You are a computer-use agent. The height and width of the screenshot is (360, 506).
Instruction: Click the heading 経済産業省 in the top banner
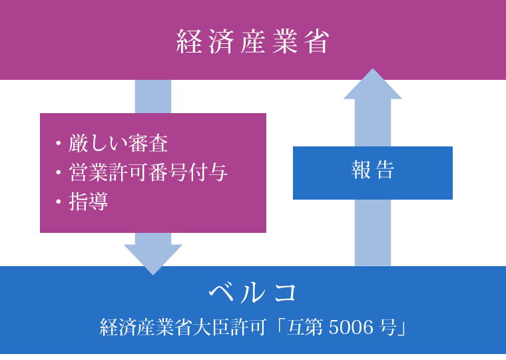253,41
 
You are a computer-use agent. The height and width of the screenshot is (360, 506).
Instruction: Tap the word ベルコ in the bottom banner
253,291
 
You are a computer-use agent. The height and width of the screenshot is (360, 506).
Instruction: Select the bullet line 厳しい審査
118,144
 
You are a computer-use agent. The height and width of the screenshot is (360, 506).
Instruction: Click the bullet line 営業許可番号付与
148,173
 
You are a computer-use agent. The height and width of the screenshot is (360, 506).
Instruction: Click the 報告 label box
373,172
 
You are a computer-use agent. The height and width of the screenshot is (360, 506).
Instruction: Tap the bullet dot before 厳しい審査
59,144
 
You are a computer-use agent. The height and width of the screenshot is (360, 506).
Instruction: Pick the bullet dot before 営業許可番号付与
59,173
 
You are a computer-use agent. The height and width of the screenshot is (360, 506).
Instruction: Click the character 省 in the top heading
318,41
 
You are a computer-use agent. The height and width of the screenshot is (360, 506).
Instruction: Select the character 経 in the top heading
188,41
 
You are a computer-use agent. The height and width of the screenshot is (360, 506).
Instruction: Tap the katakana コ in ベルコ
283,291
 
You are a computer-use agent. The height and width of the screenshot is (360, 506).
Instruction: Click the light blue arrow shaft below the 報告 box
373,232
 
